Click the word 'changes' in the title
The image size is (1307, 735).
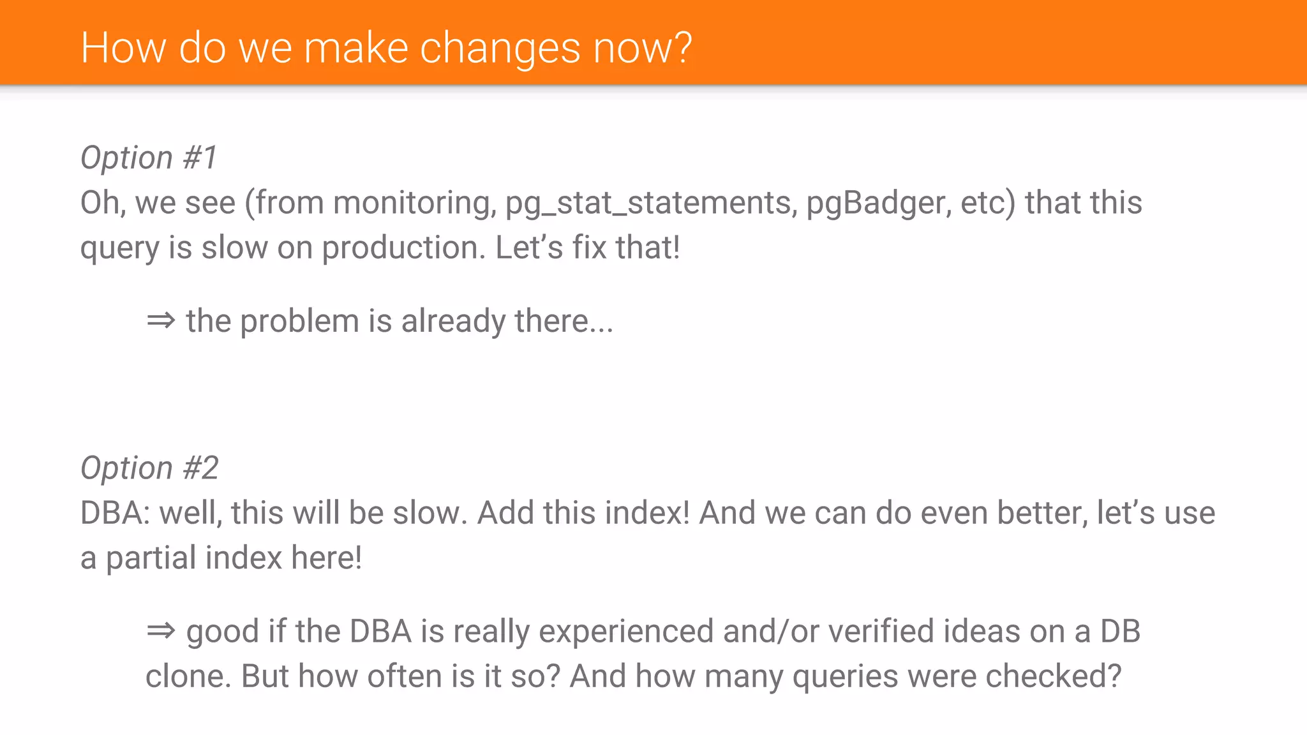click(x=500, y=48)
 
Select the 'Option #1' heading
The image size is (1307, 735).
click(x=149, y=158)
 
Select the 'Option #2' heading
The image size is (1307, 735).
click(x=149, y=468)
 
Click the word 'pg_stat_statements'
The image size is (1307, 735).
click(x=651, y=203)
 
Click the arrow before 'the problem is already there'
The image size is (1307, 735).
click(x=161, y=320)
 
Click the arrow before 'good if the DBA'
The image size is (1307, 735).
click(x=161, y=631)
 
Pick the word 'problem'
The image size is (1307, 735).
click(x=299, y=321)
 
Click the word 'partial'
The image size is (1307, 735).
click(x=151, y=558)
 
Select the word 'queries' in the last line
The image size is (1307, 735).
click(x=845, y=676)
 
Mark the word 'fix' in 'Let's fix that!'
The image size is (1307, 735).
click(x=589, y=248)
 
